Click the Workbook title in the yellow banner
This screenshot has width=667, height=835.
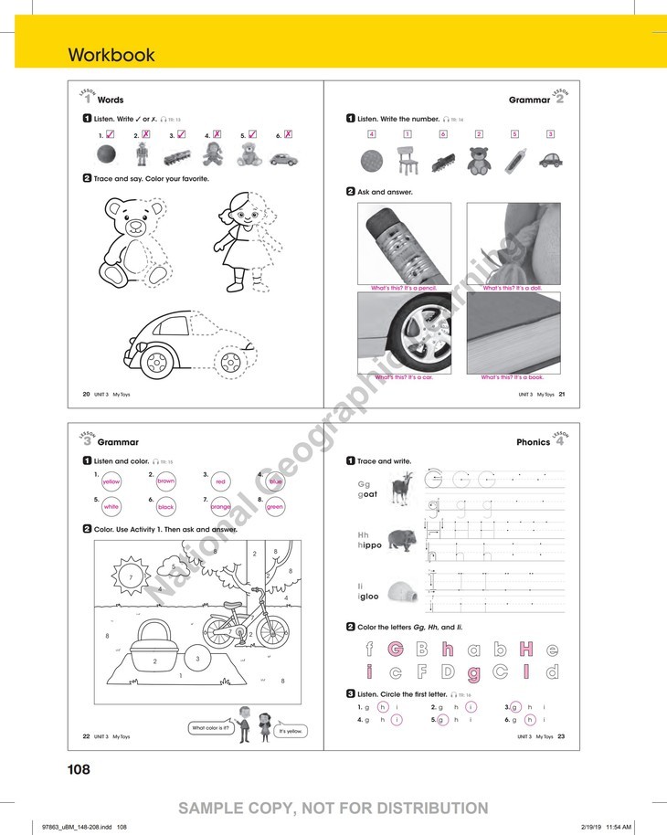tap(111, 55)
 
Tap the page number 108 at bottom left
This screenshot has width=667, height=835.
tap(79, 769)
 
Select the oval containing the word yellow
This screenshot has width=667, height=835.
tap(111, 481)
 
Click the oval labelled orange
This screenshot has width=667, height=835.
tap(220, 506)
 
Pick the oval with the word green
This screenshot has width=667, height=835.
tap(275, 506)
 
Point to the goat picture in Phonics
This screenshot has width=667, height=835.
tap(400, 489)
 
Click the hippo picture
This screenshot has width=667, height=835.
tap(400, 540)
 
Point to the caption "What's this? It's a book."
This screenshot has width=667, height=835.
tap(513, 377)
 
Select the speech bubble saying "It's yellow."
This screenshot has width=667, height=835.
tap(290, 732)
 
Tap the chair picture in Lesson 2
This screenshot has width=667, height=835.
tap(406, 160)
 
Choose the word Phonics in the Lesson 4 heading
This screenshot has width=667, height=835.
tap(533, 442)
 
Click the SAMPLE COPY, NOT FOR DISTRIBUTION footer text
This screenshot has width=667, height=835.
tap(333, 808)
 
